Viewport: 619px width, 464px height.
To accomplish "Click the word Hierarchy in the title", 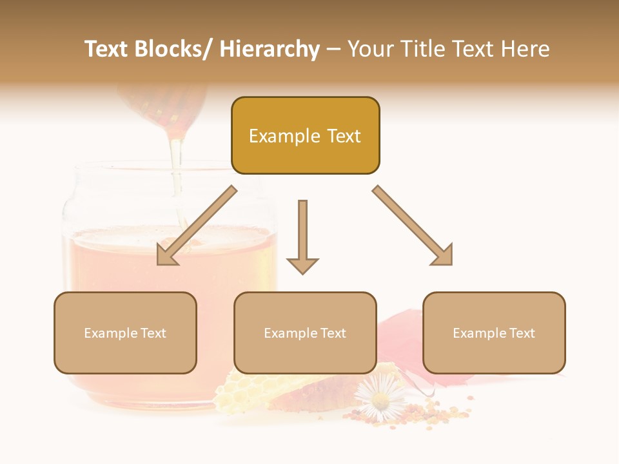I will (x=270, y=49).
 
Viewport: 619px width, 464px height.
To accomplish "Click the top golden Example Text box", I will (x=305, y=135).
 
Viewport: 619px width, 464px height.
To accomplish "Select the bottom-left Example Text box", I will (x=125, y=333).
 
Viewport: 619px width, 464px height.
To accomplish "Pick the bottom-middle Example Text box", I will (x=305, y=333).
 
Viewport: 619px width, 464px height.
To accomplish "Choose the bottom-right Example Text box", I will (x=494, y=333).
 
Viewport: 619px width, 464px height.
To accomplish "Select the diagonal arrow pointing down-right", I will (x=413, y=225).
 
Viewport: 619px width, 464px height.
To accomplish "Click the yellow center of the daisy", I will (x=380, y=400).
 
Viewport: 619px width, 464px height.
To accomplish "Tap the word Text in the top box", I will (x=342, y=136).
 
